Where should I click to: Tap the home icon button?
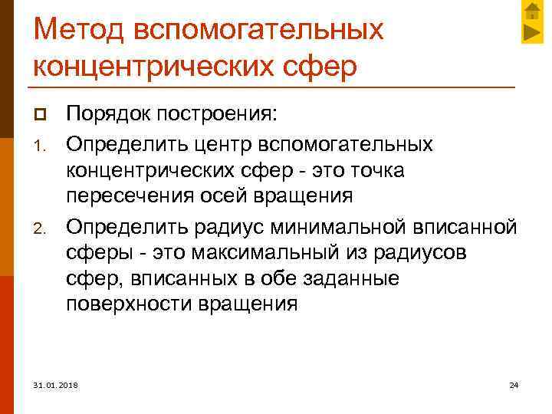pos(532,11)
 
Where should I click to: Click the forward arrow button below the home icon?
pos(532,32)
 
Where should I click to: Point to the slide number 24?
pos(514,384)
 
